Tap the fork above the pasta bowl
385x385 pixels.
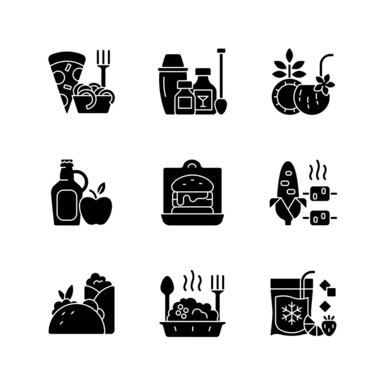103,64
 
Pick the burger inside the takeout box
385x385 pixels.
192,193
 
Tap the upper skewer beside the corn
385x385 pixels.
319,192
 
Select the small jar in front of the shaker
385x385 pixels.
184,99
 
